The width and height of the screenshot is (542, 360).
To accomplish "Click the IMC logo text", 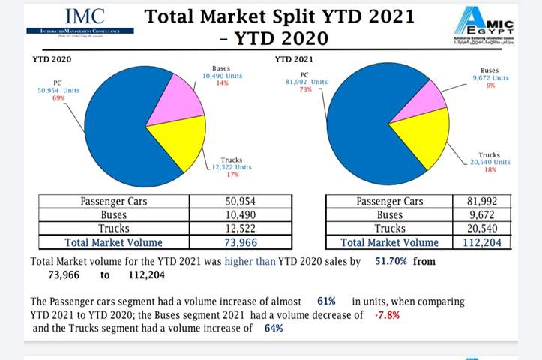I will click(x=85, y=16).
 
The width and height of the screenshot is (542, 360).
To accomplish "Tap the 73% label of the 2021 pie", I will click(x=305, y=89).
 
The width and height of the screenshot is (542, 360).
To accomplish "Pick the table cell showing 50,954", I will click(x=241, y=201).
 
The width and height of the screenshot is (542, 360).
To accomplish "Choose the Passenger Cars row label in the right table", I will click(x=389, y=201).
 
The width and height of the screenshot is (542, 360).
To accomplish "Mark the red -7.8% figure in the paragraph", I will click(x=386, y=314).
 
